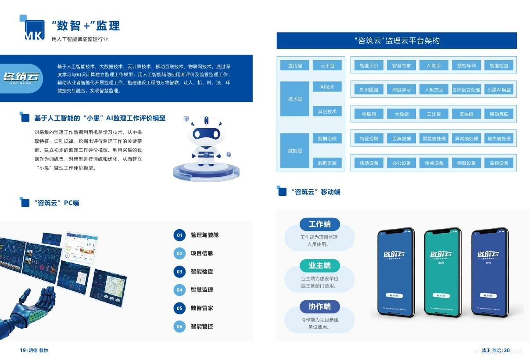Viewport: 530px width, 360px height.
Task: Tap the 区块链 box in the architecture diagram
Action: (x=466, y=114)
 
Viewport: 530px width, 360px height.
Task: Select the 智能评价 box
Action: (x=369, y=65)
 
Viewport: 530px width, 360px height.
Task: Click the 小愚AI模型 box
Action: (x=499, y=90)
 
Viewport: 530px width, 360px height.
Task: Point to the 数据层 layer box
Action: (x=295, y=151)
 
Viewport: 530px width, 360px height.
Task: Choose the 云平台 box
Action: (x=327, y=65)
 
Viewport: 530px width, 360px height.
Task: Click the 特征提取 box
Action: (x=369, y=138)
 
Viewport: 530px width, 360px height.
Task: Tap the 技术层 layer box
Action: (x=295, y=99)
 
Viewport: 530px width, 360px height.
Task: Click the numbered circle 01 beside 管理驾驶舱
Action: (x=179, y=235)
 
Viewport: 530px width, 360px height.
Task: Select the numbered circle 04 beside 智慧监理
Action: (x=179, y=290)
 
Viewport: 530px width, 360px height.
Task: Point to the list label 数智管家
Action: (x=202, y=308)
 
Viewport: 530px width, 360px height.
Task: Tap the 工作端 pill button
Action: (x=319, y=224)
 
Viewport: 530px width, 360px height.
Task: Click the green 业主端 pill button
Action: (x=319, y=265)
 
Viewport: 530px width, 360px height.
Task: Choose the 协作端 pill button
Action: (x=319, y=306)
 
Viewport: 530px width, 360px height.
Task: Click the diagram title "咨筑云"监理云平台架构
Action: (x=397, y=41)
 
